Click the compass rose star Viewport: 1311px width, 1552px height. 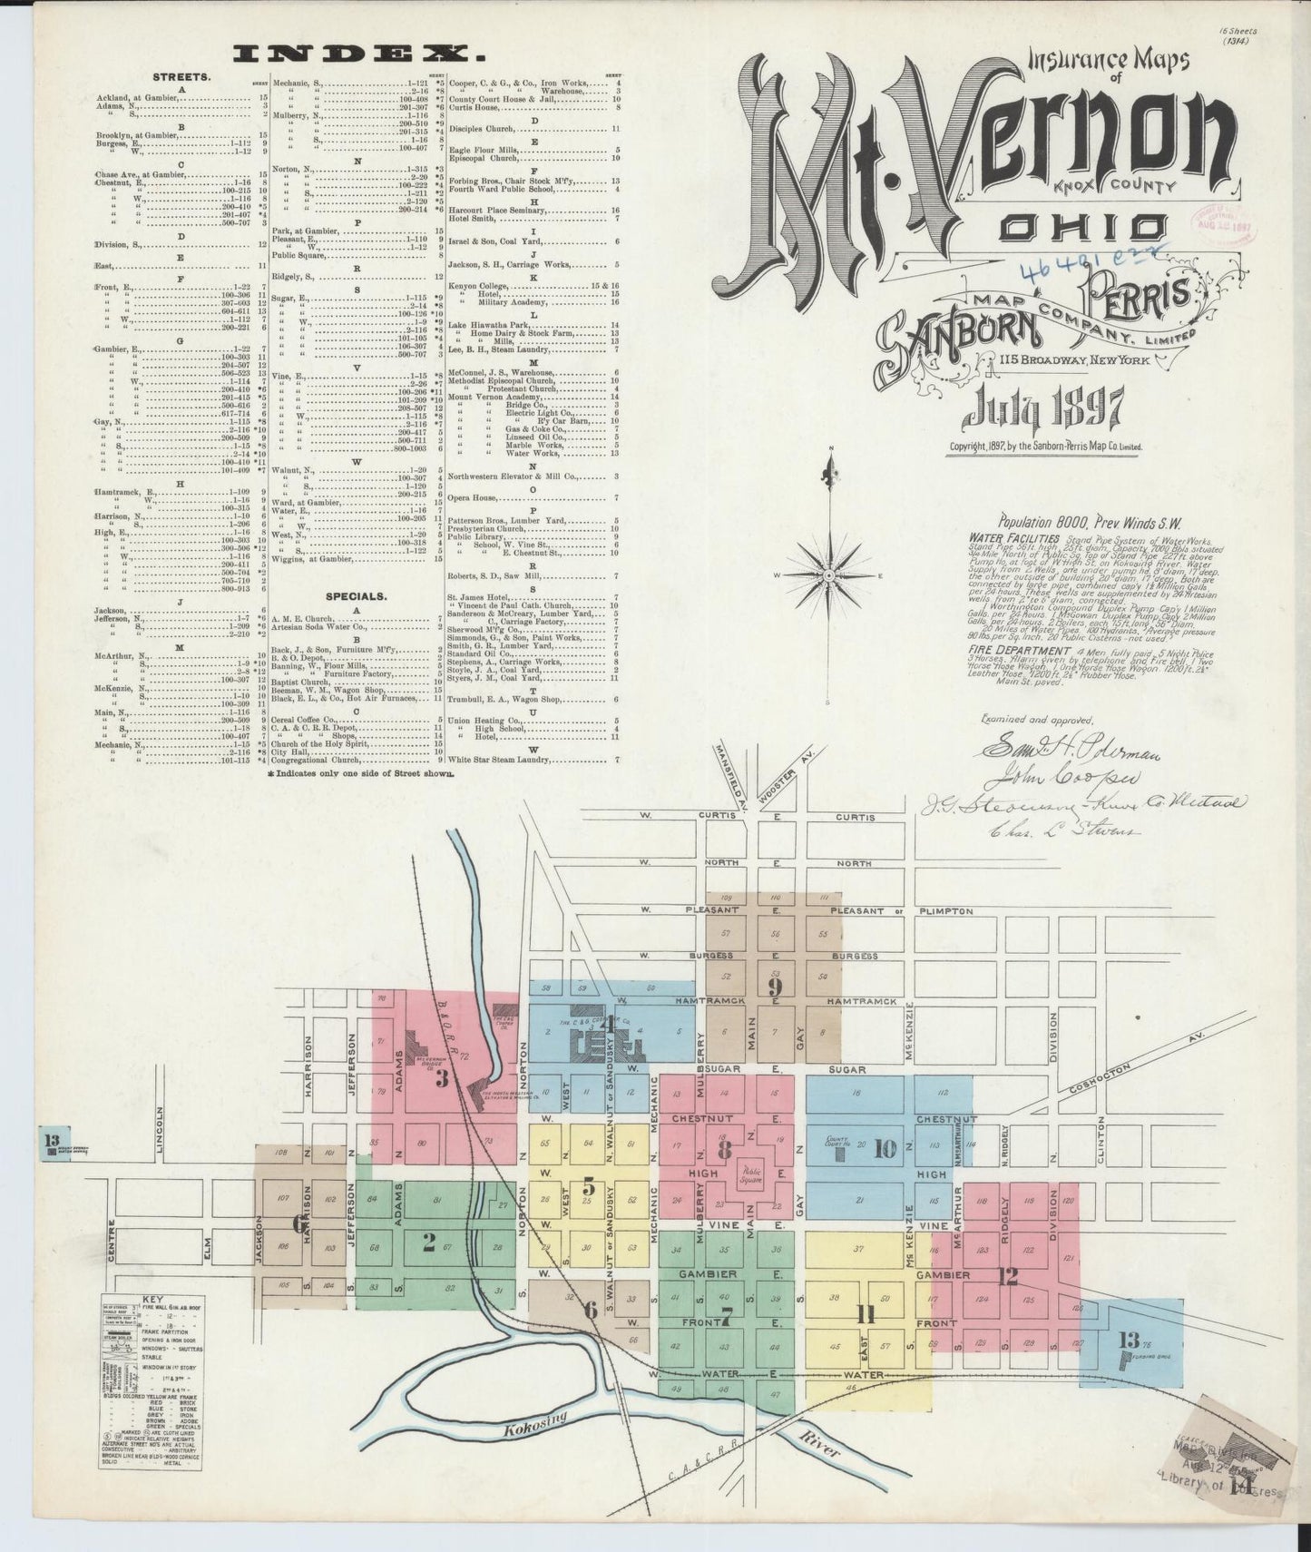[830, 576]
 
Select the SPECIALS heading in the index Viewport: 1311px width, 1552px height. [355, 596]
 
